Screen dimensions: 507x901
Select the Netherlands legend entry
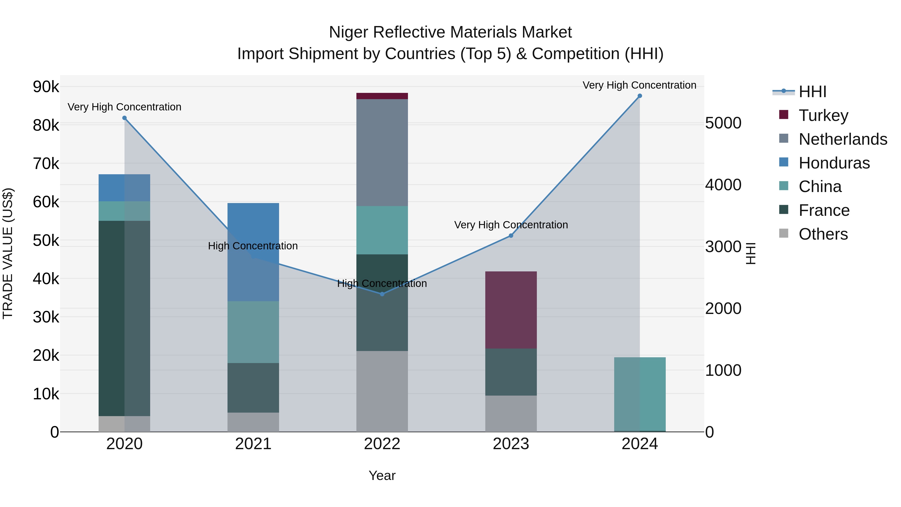click(x=842, y=139)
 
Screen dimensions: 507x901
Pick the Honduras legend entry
click(x=834, y=163)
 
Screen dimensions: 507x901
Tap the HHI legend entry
click(x=812, y=92)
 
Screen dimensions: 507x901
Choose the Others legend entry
click(x=823, y=234)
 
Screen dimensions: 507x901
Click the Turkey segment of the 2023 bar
click(x=511, y=310)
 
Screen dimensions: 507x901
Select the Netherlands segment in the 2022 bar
click(x=382, y=152)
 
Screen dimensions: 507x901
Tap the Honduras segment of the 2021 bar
click(x=253, y=252)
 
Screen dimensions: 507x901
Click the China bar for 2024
click(x=640, y=394)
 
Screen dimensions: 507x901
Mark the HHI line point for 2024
click(x=640, y=96)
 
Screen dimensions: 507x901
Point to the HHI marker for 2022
click(x=382, y=294)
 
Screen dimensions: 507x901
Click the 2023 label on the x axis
click(x=511, y=444)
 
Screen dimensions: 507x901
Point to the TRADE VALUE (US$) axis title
click(x=8, y=253)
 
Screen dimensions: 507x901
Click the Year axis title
click(x=382, y=475)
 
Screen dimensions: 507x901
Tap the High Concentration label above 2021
click(x=253, y=246)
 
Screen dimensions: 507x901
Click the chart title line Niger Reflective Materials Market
click(x=450, y=32)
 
